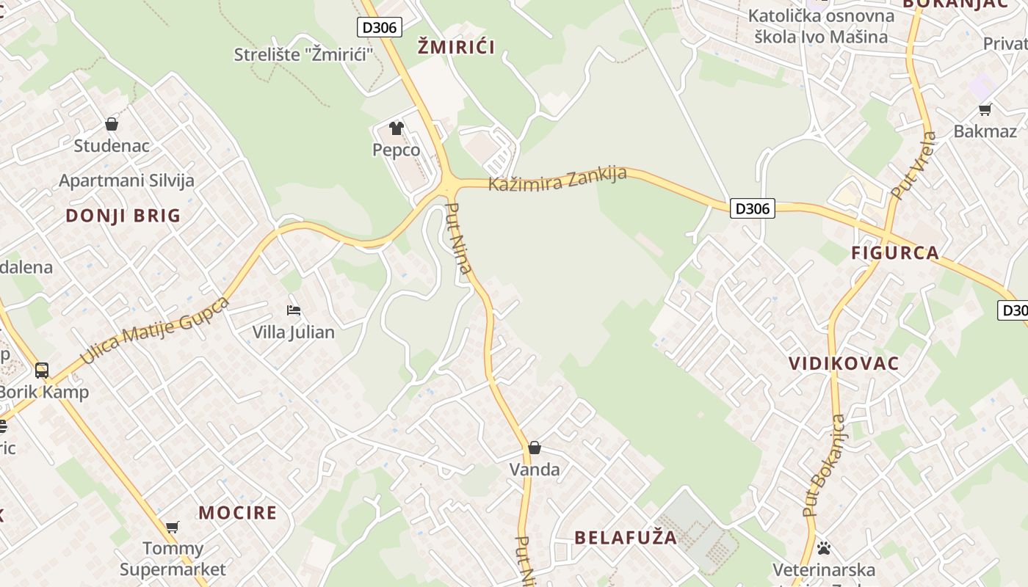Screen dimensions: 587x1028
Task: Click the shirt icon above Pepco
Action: [x=397, y=128]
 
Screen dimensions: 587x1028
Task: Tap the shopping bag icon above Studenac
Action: [x=112, y=124]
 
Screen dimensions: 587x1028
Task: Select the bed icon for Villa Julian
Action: [x=294, y=310]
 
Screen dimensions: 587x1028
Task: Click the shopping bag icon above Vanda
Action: [x=535, y=448]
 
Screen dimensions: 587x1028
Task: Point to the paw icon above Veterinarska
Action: [x=824, y=548]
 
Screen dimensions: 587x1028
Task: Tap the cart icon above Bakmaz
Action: [x=985, y=110]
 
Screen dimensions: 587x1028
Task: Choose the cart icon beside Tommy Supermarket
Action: [x=173, y=527]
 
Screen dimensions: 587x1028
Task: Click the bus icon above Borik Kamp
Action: [x=42, y=371]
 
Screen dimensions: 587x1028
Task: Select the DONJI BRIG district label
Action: [x=123, y=216]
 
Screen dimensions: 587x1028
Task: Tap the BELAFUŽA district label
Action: [x=626, y=537]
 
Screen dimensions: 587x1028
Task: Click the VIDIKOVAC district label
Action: [x=844, y=363]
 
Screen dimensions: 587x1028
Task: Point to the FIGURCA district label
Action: [x=895, y=253]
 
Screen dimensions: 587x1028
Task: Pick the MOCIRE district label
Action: [x=238, y=512]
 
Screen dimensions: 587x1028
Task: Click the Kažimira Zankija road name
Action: [x=557, y=178]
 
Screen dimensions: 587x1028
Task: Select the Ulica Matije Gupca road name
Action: [x=155, y=331]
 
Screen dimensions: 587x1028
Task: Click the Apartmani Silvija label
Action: [x=126, y=181]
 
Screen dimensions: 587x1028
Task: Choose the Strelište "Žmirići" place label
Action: [x=304, y=54]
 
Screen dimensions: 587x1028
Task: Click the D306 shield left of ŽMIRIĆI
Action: [x=380, y=28]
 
